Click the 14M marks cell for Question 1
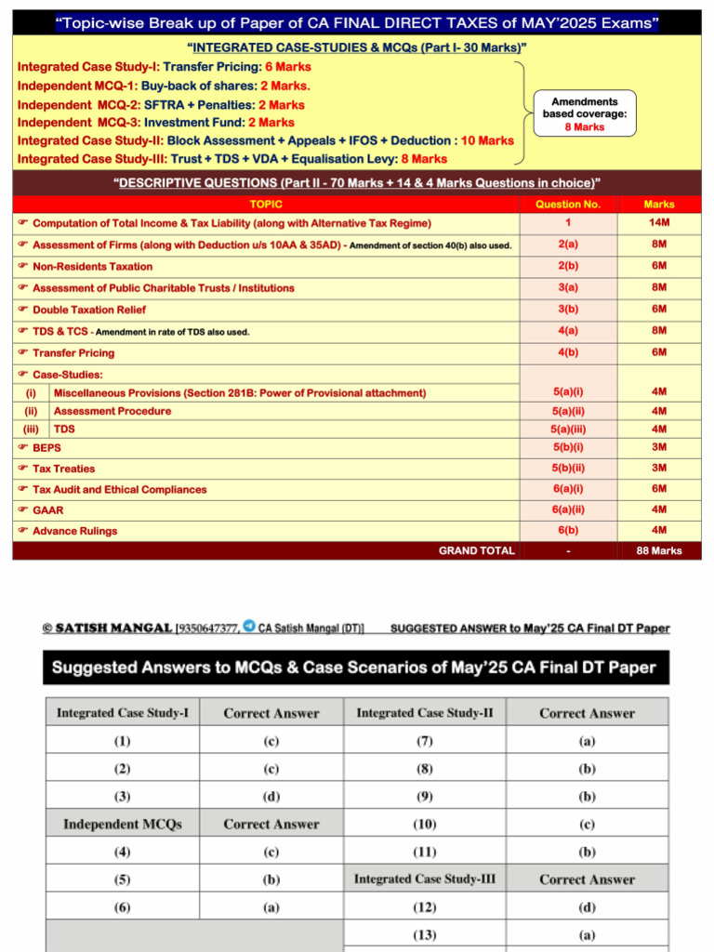[658, 223]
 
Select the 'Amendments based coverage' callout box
[586, 113]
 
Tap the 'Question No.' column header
[567, 204]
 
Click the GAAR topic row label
[48, 510]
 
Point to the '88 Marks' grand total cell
[658, 550]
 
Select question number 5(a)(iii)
[567, 430]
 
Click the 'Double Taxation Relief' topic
[89, 310]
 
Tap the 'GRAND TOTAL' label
[476, 550]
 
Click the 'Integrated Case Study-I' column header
[123, 713]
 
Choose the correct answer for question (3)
[271, 797]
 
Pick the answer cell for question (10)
[587, 825]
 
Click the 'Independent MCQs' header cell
[123, 825]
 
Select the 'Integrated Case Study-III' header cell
[424, 879]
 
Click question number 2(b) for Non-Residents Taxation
[567, 266]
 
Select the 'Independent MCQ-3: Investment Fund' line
[156, 123]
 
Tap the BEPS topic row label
[46, 447]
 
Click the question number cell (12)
[424, 907]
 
